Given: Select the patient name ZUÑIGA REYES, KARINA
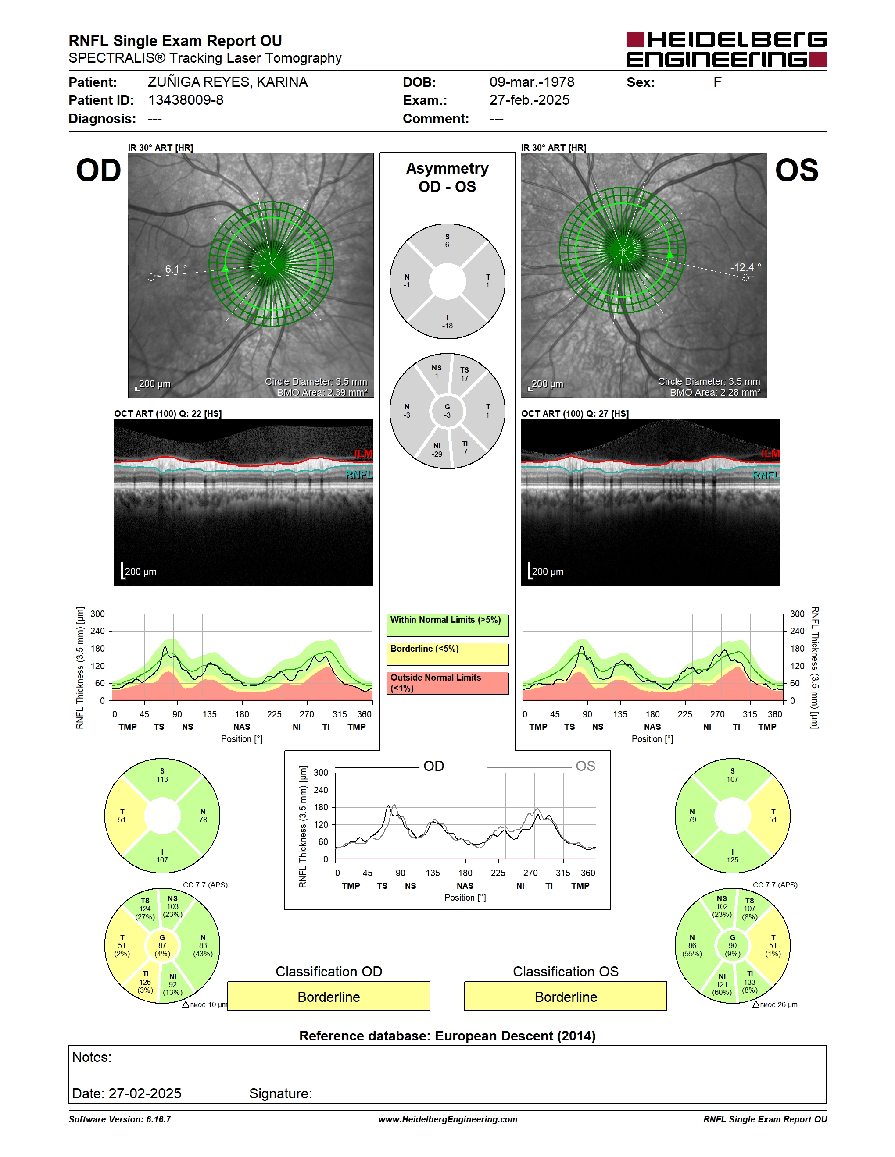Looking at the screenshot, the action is coord(227,82).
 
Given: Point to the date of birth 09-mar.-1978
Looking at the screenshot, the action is coord(532,82).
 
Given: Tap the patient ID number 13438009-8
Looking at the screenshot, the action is coord(186,100).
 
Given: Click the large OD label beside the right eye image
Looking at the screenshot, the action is coord(99,170).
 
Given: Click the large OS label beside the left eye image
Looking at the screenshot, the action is coord(796,170).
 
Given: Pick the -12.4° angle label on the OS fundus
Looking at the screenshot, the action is coord(745,267).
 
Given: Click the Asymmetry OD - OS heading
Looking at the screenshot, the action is coord(447,177).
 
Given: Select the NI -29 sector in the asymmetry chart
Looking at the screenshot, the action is coord(437,450).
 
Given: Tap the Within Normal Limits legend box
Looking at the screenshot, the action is coord(447,625).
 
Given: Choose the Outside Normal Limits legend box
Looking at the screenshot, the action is coord(447,683).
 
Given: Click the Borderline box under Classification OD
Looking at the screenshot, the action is coord(329,996).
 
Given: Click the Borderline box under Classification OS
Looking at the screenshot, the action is coord(566,996).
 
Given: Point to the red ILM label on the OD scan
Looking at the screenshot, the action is coord(363,454).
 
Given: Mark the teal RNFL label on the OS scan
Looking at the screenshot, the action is coord(766,475).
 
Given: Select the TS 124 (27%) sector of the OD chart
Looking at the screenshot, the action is coord(145,909).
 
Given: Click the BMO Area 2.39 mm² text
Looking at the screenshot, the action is coord(322,393).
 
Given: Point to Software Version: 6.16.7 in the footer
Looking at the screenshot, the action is coord(120,1119).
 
